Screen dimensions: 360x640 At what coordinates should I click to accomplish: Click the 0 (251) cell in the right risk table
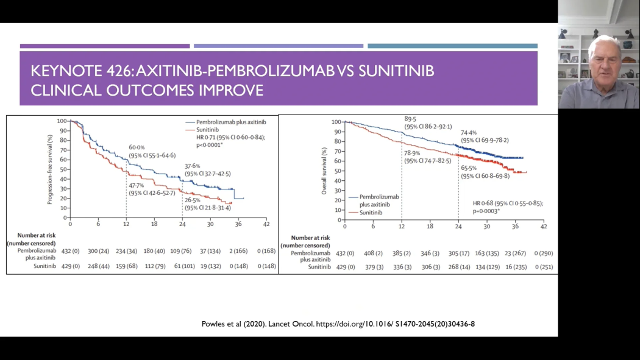pos(543,267)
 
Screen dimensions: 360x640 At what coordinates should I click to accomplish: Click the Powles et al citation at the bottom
pos(338,323)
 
